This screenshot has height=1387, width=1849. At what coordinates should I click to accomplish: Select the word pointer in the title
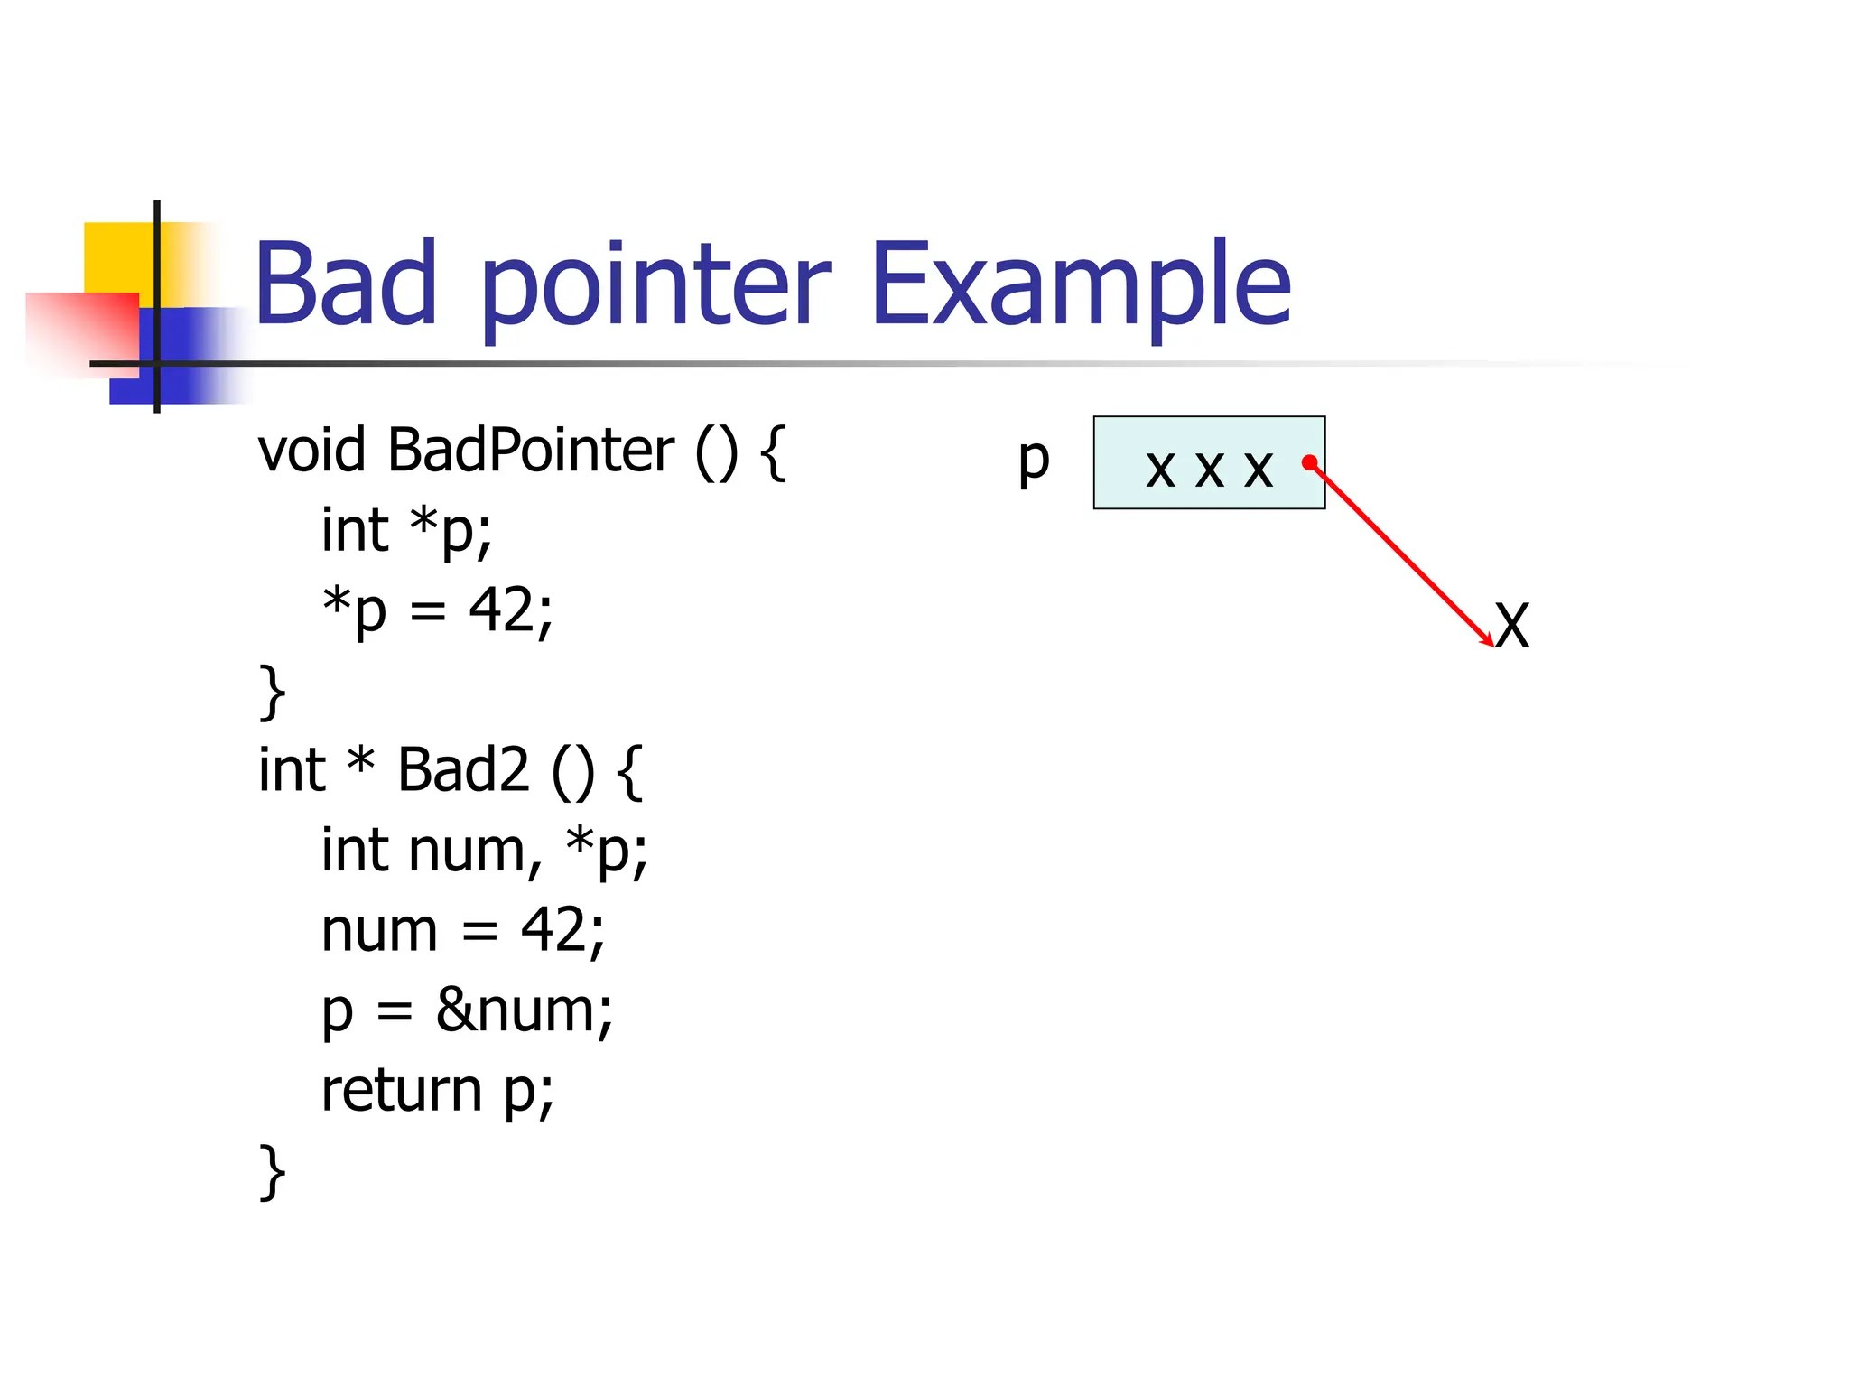point(655,287)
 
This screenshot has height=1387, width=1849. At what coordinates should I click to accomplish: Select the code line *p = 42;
point(438,610)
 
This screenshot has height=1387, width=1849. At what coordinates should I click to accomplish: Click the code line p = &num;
point(467,1010)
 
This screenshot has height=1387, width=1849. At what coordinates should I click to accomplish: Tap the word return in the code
point(402,1090)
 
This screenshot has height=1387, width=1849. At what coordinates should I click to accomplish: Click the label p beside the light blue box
point(1034,461)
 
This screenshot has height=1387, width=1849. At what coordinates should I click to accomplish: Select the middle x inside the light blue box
point(1209,469)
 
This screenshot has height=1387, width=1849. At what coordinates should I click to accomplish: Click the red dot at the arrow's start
point(1309,463)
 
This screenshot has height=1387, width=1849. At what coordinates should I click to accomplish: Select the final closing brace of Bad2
point(272,1171)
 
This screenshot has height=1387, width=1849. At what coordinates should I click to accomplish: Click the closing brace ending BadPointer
point(272,692)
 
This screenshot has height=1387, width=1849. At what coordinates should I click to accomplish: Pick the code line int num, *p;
point(485,851)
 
